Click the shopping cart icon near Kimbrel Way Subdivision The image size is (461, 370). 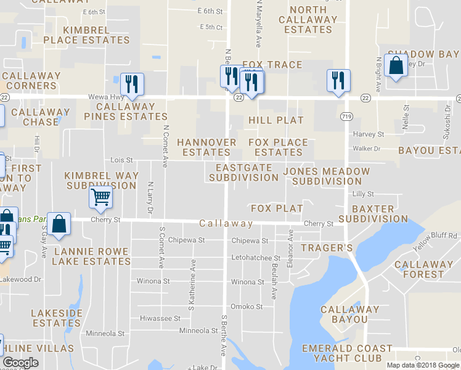pyautogui.click(x=100, y=198)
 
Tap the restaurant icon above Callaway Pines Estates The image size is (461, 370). pyautogui.click(x=132, y=83)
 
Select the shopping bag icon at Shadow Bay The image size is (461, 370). pyautogui.click(x=396, y=65)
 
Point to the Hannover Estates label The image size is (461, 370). pyautogui.click(x=206, y=147)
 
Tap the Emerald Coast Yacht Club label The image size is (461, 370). pyautogui.click(x=347, y=353)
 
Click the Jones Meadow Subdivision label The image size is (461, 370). pyautogui.click(x=327, y=176)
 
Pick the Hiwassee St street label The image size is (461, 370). pyautogui.click(x=160, y=319)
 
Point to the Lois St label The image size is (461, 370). pyautogui.click(x=121, y=160)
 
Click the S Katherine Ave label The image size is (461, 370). pyautogui.click(x=192, y=284)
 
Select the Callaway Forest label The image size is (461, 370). pyautogui.click(x=428, y=269)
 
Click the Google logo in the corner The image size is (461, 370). pyautogui.click(x=21, y=363)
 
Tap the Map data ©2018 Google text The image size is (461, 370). pyautogui.click(x=423, y=365)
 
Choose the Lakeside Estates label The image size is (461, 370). pyautogui.click(x=57, y=318)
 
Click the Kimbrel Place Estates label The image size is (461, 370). pyautogui.click(x=87, y=35)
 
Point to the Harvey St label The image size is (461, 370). pyautogui.click(x=368, y=134)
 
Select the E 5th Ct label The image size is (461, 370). pyautogui.click(x=211, y=27)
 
